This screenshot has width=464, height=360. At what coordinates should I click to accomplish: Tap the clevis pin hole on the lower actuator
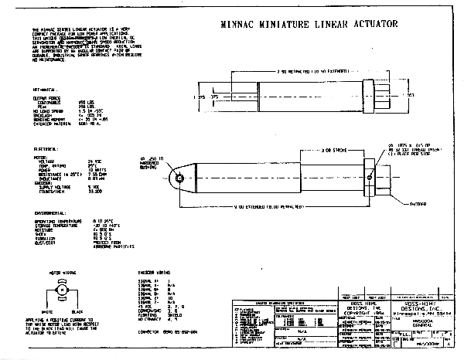pyautogui.click(x=179, y=178)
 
